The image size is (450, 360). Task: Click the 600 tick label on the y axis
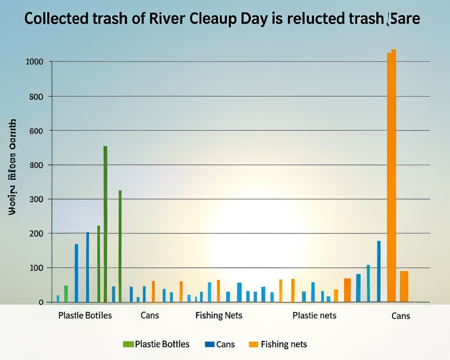[x=37, y=130]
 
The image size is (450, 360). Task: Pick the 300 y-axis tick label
[x=37, y=199]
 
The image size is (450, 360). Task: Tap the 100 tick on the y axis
[x=37, y=268]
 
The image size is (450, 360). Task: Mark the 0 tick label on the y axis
[x=40, y=302]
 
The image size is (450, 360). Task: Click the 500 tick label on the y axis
[x=37, y=96]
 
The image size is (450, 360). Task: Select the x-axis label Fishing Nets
[x=218, y=316]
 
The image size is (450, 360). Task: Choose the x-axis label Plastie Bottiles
[x=85, y=316]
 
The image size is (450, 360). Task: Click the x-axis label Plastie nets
[x=314, y=316]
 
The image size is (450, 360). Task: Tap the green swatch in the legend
[x=128, y=344]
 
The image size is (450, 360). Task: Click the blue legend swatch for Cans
[x=210, y=344]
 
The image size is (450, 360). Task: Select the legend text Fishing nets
[x=284, y=344]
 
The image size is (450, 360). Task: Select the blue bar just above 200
[x=87, y=267]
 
